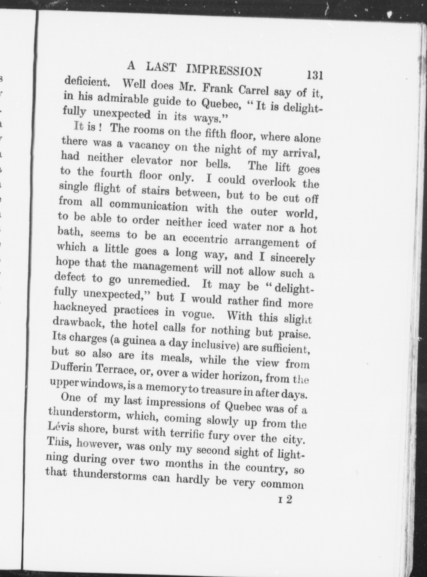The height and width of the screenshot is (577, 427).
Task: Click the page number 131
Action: (314, 75)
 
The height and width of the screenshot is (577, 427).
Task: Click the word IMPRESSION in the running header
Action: (224, 70)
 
